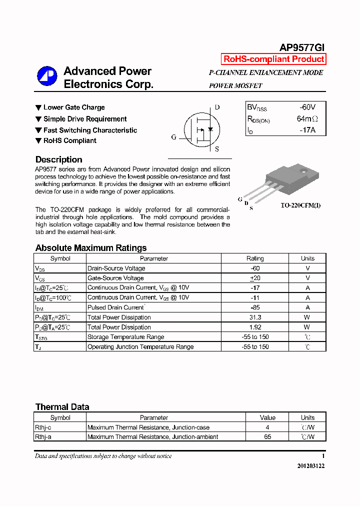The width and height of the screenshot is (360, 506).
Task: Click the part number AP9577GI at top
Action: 301,47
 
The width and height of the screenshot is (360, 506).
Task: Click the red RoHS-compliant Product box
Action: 273,59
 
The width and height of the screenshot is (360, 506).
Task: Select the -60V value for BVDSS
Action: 307,107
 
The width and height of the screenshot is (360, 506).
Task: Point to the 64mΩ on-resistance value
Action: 307,119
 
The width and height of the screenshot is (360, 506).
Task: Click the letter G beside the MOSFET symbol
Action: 173,137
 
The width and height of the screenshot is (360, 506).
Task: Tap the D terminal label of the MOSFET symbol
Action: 217,107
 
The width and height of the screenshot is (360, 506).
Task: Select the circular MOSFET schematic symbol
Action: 199,128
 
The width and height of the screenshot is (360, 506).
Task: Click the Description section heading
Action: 58,159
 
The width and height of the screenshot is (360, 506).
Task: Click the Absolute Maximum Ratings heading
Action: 91,248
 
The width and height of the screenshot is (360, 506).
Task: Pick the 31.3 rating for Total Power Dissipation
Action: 255,317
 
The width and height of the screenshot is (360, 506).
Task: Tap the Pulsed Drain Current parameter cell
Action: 116,307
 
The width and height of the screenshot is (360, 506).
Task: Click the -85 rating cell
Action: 255,307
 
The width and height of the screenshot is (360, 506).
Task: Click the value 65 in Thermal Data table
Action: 267,437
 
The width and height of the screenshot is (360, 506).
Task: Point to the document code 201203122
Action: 310,466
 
